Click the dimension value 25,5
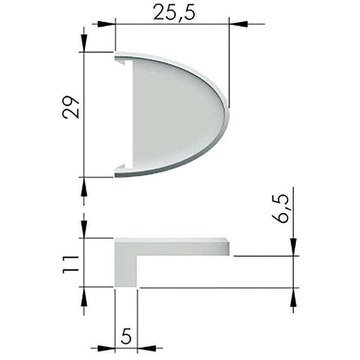click(174, 13)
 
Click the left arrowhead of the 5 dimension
click(106, 348)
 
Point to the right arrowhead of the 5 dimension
click(146, 348)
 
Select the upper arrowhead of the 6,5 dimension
click(293, 246)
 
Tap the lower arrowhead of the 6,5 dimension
click(293, 296)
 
